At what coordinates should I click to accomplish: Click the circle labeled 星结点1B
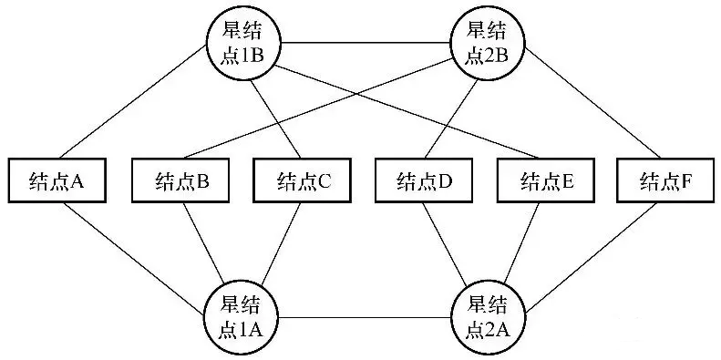click(243, 42)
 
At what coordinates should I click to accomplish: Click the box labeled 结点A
click(57, 180)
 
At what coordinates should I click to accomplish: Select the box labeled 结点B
click(180, 180)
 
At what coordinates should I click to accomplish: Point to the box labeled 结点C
click(302, 180)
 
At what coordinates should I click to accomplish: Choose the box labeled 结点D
click(424, 180)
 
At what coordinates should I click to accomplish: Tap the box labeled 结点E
click(546, 180)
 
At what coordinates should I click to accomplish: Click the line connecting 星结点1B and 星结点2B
click(366, 42)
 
